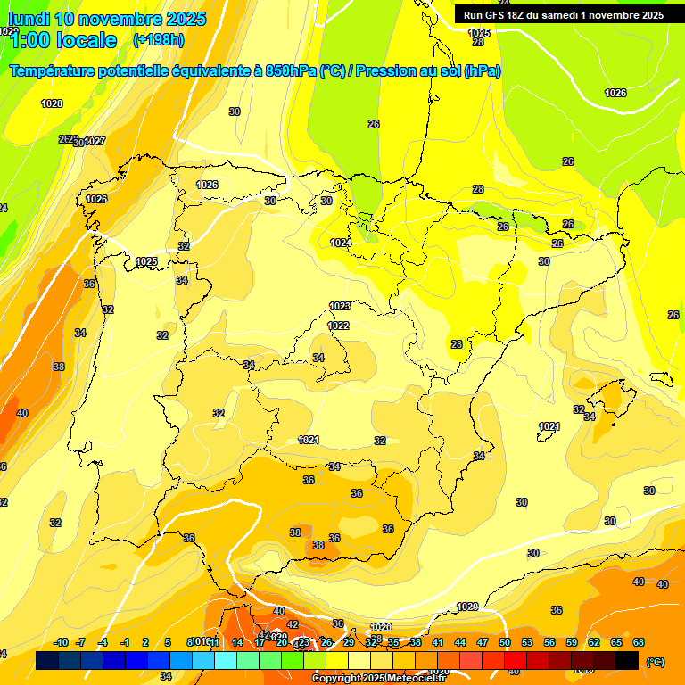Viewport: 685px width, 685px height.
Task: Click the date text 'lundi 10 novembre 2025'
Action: click(107, 19)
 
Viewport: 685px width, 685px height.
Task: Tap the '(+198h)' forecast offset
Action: click(158, 39)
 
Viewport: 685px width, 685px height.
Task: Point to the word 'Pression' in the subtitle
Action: click(384, 71)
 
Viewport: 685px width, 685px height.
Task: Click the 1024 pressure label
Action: click(341, 243)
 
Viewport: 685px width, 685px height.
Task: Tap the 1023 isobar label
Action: click(340, 306)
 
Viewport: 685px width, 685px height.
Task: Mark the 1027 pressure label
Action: click(95, 141)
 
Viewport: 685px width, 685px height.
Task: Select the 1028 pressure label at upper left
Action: click(52, 103)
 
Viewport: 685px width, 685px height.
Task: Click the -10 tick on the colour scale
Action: click(62, 642)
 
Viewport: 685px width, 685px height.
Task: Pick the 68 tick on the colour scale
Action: click(639, 642)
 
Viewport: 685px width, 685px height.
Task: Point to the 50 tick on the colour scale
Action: click(505, 642)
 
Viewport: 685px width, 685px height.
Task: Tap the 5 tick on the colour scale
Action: click(168, 642)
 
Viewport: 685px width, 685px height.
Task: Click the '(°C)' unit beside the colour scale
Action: click(656, 662)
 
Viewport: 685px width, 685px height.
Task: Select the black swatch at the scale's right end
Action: click(628, 660)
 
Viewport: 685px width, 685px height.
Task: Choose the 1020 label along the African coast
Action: click(466, 607)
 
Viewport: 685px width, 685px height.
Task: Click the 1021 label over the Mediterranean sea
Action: click(549, 426)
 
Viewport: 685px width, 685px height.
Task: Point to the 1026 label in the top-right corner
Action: click(615, 93)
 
